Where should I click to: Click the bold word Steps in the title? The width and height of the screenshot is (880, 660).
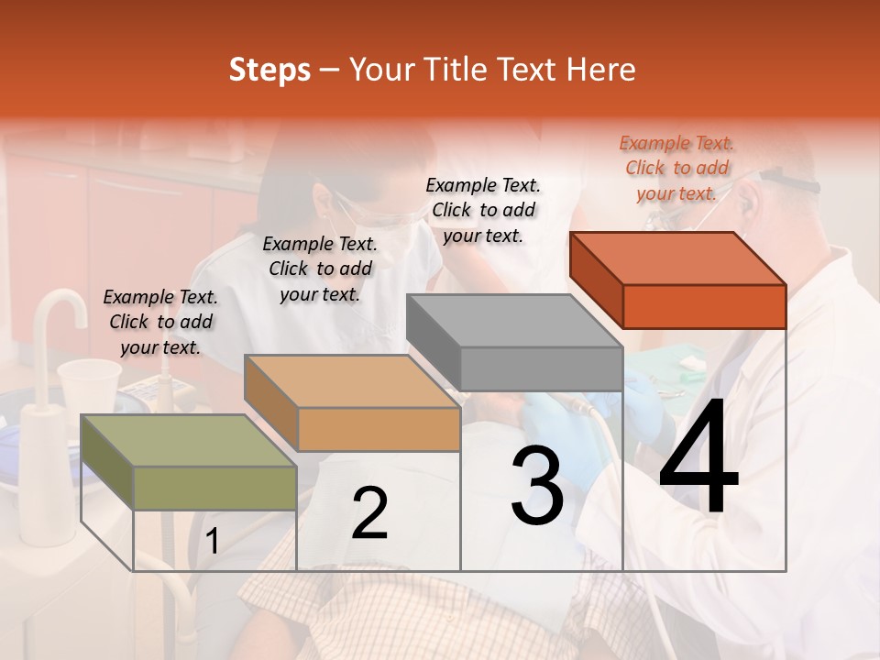point(269,70)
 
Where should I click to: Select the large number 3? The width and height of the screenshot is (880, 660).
point(537,487)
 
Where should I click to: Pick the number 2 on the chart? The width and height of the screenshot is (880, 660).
point(369,513)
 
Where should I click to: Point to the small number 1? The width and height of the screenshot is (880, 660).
point(212,541)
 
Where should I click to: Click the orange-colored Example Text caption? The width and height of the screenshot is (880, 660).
point(676,168)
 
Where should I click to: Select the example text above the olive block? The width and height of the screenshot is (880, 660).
point(160,322)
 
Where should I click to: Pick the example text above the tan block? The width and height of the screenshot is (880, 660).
point(320,269)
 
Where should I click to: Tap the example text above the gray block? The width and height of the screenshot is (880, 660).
point(483,210)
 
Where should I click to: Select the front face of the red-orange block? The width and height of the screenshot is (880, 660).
point(704,306)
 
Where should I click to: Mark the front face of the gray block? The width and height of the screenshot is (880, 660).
point(541,368)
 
